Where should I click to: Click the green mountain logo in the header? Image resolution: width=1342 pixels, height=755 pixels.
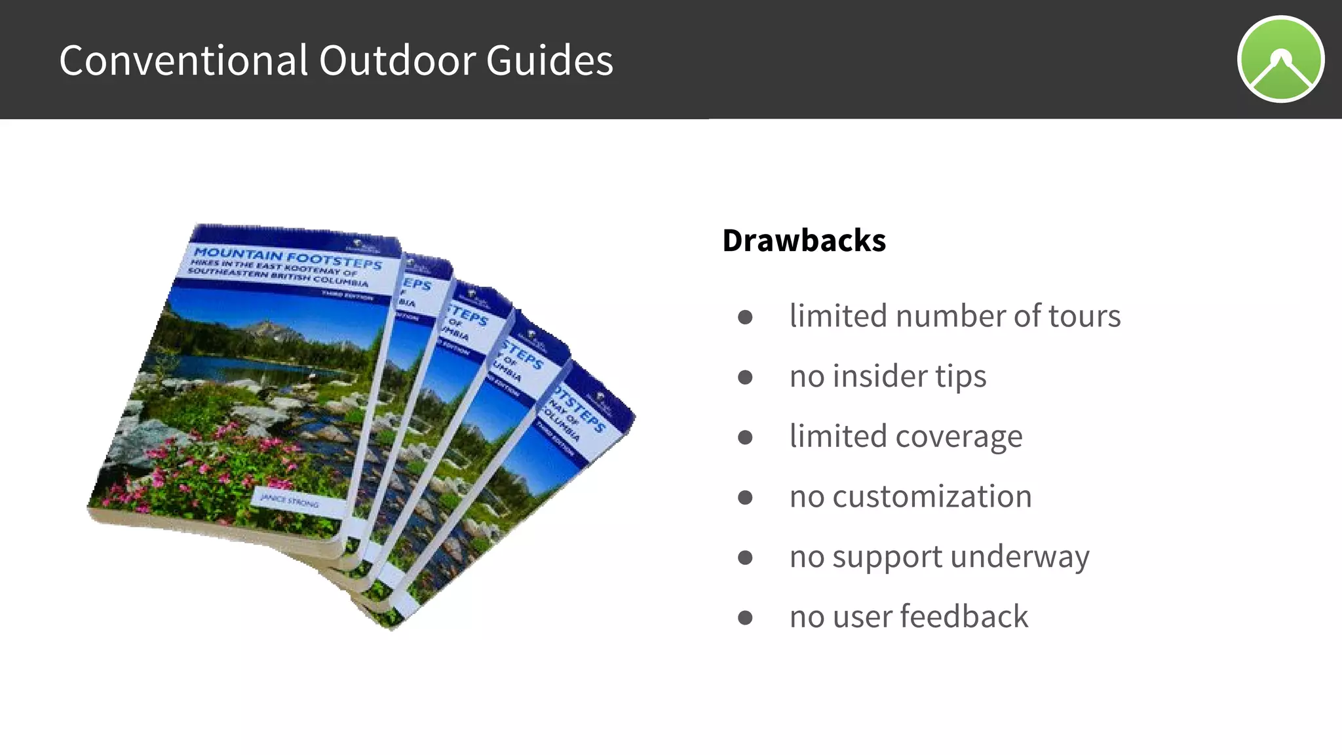coord(1280,60)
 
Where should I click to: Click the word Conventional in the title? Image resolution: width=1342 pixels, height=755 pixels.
coord(183,60)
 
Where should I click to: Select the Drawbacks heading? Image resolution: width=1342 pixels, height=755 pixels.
coord(804,241)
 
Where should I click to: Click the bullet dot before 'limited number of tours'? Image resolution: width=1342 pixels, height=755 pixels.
coord(745,318)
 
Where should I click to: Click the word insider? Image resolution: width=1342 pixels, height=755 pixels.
coord(877,377)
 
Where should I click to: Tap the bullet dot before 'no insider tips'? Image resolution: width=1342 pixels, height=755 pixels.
coord(745,377)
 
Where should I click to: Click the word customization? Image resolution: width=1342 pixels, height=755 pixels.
coord(932,497)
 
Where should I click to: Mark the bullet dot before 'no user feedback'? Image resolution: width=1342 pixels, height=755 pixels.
coord(745,618)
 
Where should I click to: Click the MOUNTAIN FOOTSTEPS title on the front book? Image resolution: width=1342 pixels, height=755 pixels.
coord(288,258)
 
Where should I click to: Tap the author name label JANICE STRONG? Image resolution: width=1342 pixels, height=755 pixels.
coord(290,501)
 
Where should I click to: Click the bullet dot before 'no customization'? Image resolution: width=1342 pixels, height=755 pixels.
coord(745,498)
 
